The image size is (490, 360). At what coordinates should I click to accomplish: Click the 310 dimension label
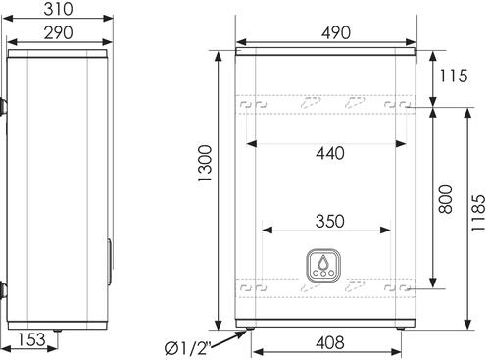pyautogui.click(x=58, y=9)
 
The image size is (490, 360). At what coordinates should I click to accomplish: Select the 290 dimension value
pyautogui.click(x=58, y=33)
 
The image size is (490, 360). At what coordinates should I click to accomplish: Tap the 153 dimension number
pyautogui.click(x=31, y=339)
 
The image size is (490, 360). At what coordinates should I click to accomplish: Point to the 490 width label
pyautogui.click(x=336, y=33)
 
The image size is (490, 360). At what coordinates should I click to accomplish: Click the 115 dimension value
pyautogui.click(x=454, y=76)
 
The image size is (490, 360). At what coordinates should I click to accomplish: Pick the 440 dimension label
pyautogui.click(x=330, y=153)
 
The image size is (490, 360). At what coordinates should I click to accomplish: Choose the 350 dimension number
pyautogui.click(x=330, y=221)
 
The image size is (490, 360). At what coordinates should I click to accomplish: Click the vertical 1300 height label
pyautogui.click(x=205, y=163)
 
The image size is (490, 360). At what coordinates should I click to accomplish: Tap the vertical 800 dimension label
pyautogui.click(x=446, y=199)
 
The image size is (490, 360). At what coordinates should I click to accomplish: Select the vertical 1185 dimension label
pyautogui.click(x=478, y=213)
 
